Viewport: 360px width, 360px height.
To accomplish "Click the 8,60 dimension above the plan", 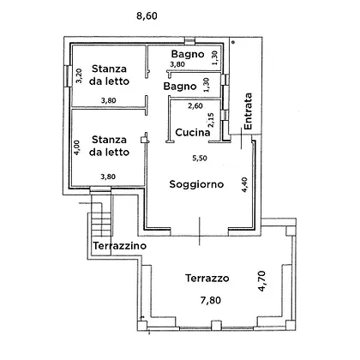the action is pos(147,15).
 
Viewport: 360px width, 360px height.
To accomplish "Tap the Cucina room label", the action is pos(193,132).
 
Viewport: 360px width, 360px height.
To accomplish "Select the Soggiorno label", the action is pos(196,184).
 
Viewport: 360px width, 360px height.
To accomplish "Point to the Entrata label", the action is pos(248,111).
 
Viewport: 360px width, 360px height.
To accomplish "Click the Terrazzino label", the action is pos(120,246).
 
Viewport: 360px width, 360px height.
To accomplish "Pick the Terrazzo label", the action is pos(207,278).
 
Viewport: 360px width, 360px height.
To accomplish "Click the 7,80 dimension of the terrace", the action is pos(211,300).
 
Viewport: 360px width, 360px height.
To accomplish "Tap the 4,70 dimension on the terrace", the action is pos(261,281).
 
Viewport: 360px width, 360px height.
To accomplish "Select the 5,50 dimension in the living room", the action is pos(200,158).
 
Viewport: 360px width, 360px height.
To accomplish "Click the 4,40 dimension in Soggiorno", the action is pos(244,184).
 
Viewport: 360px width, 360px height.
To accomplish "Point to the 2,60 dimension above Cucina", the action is pos(195,106).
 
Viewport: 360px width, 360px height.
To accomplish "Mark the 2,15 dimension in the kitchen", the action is pos(210,120).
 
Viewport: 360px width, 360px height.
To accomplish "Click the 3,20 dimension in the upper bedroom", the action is pos(79,75).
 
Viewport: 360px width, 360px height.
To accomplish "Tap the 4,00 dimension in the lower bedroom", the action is pos(77,147).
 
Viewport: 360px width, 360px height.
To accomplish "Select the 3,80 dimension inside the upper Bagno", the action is pos(177,64).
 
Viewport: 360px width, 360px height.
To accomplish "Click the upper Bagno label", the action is pos(188,54).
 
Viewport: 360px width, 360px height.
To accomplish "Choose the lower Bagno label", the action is pos(180,86).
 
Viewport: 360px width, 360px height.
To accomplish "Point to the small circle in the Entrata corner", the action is pos(233,42).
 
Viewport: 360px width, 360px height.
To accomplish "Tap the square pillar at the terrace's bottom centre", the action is pos(216,326).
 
